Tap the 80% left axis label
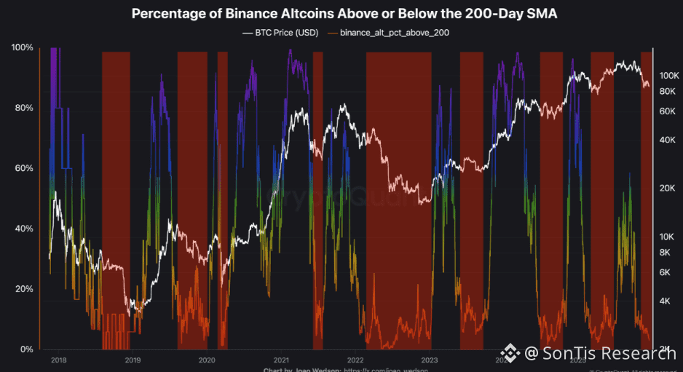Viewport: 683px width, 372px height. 22,108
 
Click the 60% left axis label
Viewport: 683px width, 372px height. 22,168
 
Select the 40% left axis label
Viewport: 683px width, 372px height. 22,229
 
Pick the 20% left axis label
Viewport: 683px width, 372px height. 22,289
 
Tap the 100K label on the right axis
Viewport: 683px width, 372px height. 668,76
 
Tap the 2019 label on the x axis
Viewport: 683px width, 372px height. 133,360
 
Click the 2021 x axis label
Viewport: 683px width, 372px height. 281,360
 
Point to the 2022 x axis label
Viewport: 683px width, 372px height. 355,360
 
